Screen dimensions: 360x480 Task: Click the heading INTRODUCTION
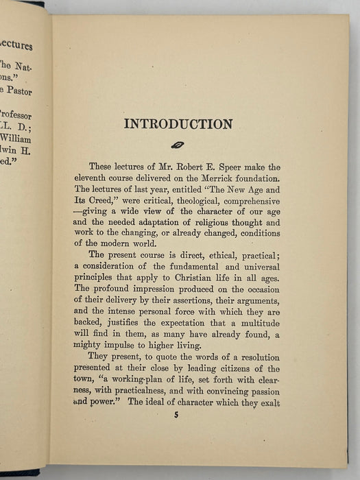178,124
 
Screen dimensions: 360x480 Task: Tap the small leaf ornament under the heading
177,145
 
